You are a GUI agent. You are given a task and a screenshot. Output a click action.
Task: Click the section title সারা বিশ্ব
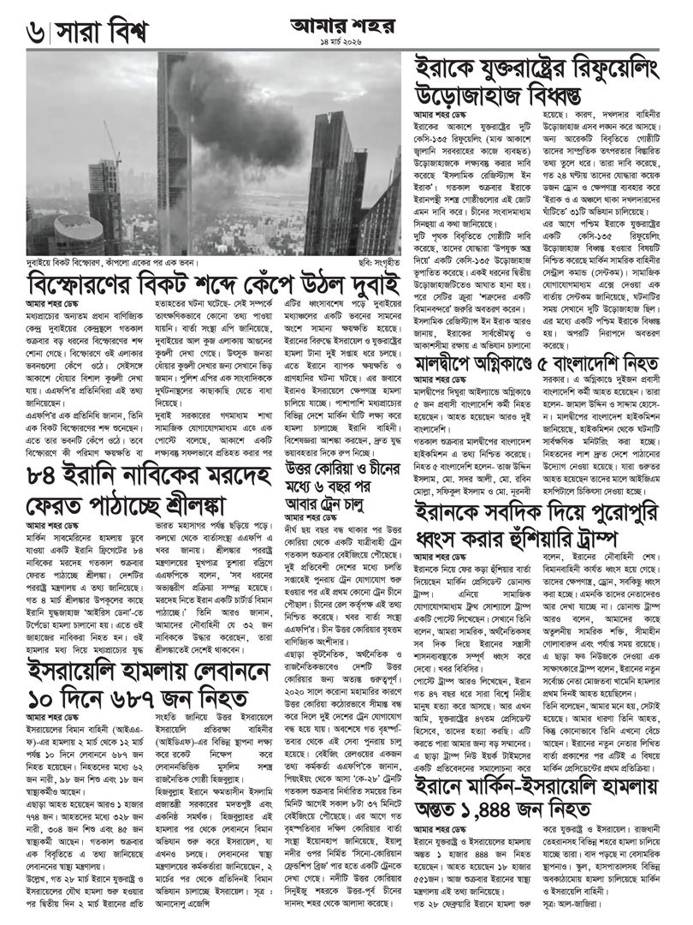103,33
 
